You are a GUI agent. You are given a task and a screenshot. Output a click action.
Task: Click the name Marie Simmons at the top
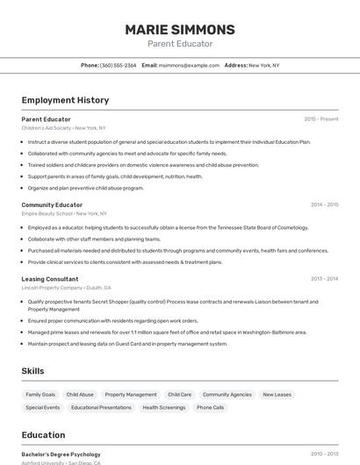point(180,29)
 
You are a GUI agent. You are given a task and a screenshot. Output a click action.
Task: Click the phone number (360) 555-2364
point(118,65)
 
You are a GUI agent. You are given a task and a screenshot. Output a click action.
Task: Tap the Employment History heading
point(65,100)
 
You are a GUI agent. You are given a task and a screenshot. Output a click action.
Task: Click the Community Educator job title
point(52,204)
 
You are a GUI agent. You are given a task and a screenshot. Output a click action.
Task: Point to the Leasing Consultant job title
point(50,279)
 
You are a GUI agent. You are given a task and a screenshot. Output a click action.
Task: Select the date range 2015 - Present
point(321,119)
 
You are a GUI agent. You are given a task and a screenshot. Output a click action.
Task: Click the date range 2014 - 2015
point(324,204)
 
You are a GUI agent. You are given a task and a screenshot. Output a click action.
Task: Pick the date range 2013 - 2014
point(324,279)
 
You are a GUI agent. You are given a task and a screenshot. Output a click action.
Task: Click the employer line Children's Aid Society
point(63,128)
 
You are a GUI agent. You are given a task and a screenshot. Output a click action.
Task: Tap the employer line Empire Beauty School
point(64,213)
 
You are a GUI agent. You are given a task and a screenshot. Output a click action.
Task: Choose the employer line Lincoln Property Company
point(66,288)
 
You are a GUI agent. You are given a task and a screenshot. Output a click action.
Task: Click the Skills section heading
point(33,371)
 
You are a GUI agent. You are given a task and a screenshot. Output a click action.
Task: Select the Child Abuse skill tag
point(80,395)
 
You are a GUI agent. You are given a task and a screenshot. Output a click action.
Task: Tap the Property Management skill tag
point(131,395)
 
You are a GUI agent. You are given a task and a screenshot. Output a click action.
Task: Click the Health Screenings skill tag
point(164,408)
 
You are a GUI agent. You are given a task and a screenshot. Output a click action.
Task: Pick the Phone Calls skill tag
point(211,408)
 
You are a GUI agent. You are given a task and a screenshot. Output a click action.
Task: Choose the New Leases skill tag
point(277,395)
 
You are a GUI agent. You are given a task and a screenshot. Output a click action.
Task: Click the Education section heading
point(43,434)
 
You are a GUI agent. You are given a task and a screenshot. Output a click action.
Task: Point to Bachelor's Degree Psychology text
point(61,454)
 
